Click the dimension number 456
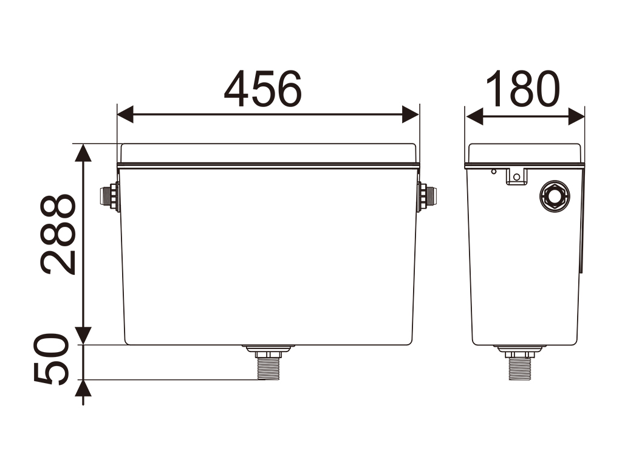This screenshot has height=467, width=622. [262, 89]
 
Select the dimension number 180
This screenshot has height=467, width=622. [523, 89]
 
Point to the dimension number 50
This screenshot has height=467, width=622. [52, 359]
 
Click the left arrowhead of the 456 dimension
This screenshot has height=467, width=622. [125, 114]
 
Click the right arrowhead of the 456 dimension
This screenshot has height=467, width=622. [411, 114]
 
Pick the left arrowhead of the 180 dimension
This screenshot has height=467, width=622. [474, 116]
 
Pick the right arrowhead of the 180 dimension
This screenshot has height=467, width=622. [576, 116]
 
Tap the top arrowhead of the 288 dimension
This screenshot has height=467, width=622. [83, 153]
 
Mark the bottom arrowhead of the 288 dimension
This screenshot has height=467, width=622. [83, 336]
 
